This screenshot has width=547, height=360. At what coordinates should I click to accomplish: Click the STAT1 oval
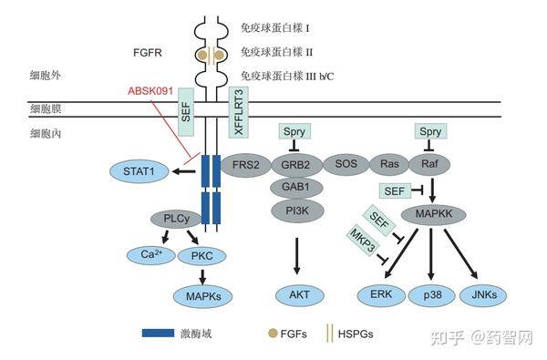(x=139, y=170)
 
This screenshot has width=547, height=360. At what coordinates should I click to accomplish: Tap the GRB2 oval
(x=294, y=165)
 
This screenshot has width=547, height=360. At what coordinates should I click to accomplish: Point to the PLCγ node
(x=172, y=219)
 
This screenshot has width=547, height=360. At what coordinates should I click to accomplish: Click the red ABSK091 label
(x=150, y=92)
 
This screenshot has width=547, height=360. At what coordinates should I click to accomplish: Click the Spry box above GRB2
(x=294, y=132)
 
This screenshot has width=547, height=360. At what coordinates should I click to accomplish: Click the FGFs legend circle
(x=273, y=333)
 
